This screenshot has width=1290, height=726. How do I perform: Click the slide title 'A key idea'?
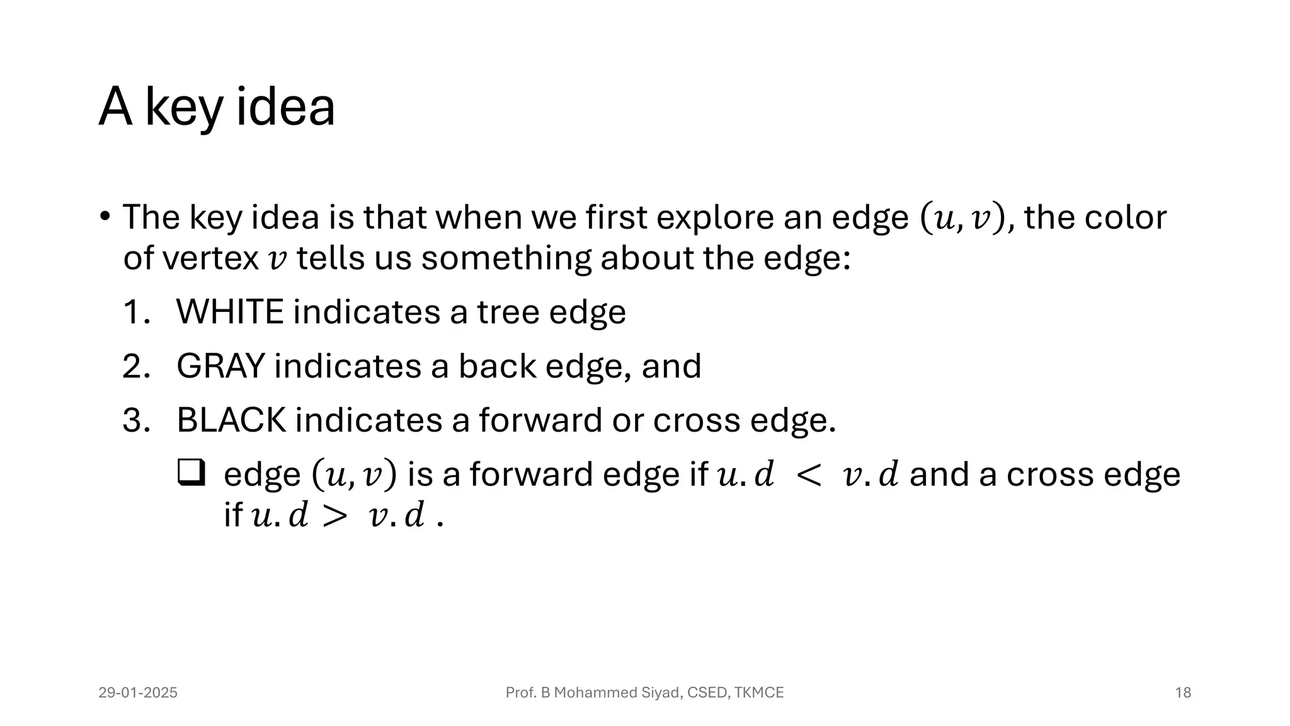click(x=217, y=107)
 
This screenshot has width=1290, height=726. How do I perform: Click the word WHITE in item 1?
click(x=230, y=312)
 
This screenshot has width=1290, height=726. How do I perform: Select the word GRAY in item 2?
click(x=220, y=366)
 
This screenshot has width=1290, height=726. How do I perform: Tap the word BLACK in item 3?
click(x=231, y=420)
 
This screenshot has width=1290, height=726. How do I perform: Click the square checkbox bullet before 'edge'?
click(x=191, y=473)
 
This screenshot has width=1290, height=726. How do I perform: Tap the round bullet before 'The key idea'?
click(x=105, y=217)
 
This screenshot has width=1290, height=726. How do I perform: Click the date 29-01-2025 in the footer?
click(x=138, y=693)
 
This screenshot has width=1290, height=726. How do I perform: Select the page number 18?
click(x=1183, y=693)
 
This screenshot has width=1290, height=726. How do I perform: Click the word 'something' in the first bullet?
click(x=506, y=258)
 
